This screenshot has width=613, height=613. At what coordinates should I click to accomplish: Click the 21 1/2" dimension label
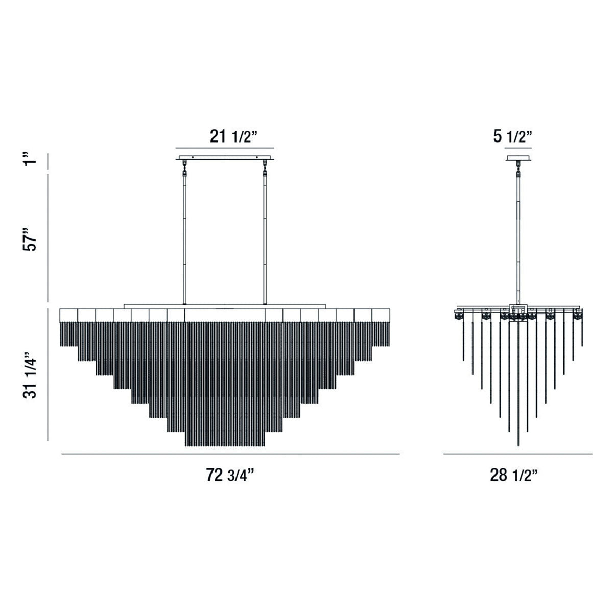pos(233,137)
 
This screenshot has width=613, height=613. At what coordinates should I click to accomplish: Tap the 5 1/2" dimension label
pos(512,137)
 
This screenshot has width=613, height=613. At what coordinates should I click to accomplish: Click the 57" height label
pos(30,239)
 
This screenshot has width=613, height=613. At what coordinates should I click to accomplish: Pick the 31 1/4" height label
pos(30,375)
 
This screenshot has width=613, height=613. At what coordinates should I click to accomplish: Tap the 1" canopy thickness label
pos(30,159)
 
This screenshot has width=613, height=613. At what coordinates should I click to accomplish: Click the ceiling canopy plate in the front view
pos(225,157)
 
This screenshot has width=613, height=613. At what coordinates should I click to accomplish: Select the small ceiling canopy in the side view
pos(518,158)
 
